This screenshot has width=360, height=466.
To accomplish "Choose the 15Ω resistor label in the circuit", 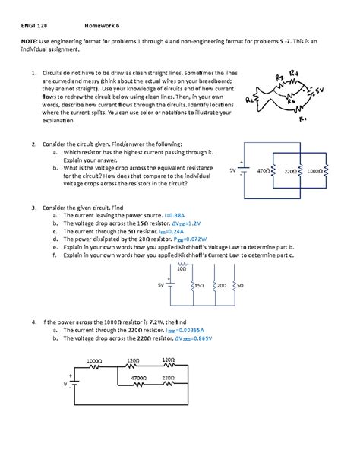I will point(199,285).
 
